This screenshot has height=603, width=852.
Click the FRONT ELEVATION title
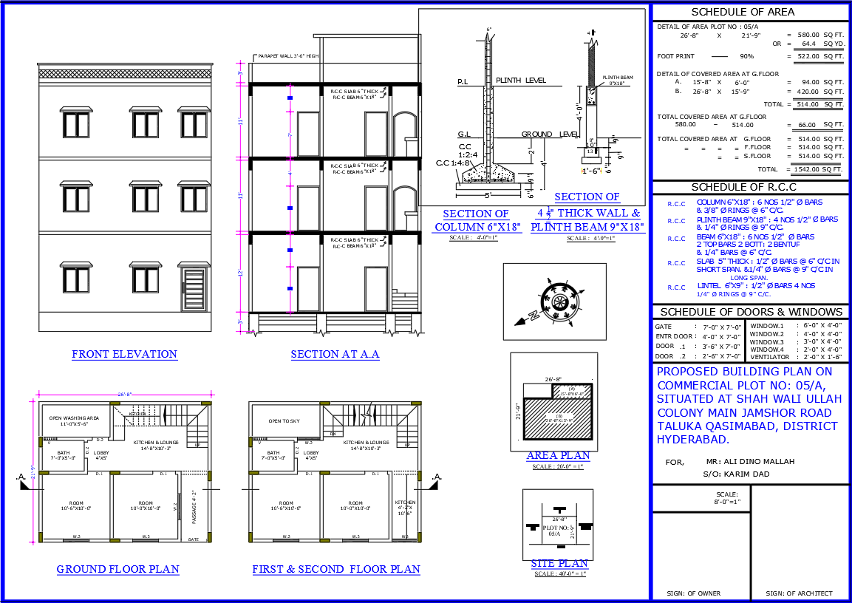124,354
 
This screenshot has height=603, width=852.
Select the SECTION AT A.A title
335,354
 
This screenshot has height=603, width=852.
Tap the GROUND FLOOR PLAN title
118,569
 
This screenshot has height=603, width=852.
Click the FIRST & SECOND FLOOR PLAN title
336,569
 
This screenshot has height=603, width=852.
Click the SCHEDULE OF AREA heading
743,12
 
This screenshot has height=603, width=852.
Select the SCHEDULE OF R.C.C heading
743,187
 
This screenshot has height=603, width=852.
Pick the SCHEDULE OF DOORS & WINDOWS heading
751,312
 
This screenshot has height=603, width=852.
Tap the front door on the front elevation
194,290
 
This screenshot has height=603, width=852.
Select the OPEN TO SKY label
284,420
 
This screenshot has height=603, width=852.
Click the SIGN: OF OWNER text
693,593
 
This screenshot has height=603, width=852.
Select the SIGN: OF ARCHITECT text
799,593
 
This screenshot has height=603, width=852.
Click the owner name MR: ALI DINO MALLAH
750,461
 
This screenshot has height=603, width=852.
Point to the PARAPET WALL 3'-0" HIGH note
288,56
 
